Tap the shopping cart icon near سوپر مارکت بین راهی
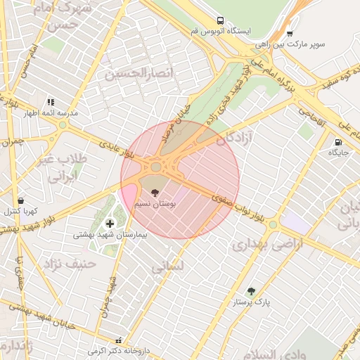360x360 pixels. click(x=290, y=32)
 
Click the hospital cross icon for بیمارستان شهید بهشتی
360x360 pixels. click(x=110, y=224)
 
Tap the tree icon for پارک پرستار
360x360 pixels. click(x=252, y=290)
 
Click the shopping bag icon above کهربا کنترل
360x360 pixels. click(x=20, y=200)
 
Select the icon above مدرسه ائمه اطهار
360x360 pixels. click(x=51, y=102)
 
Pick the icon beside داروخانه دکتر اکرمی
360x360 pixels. click(x=127, y=339)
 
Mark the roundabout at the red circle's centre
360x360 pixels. click(x=155, y=167)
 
